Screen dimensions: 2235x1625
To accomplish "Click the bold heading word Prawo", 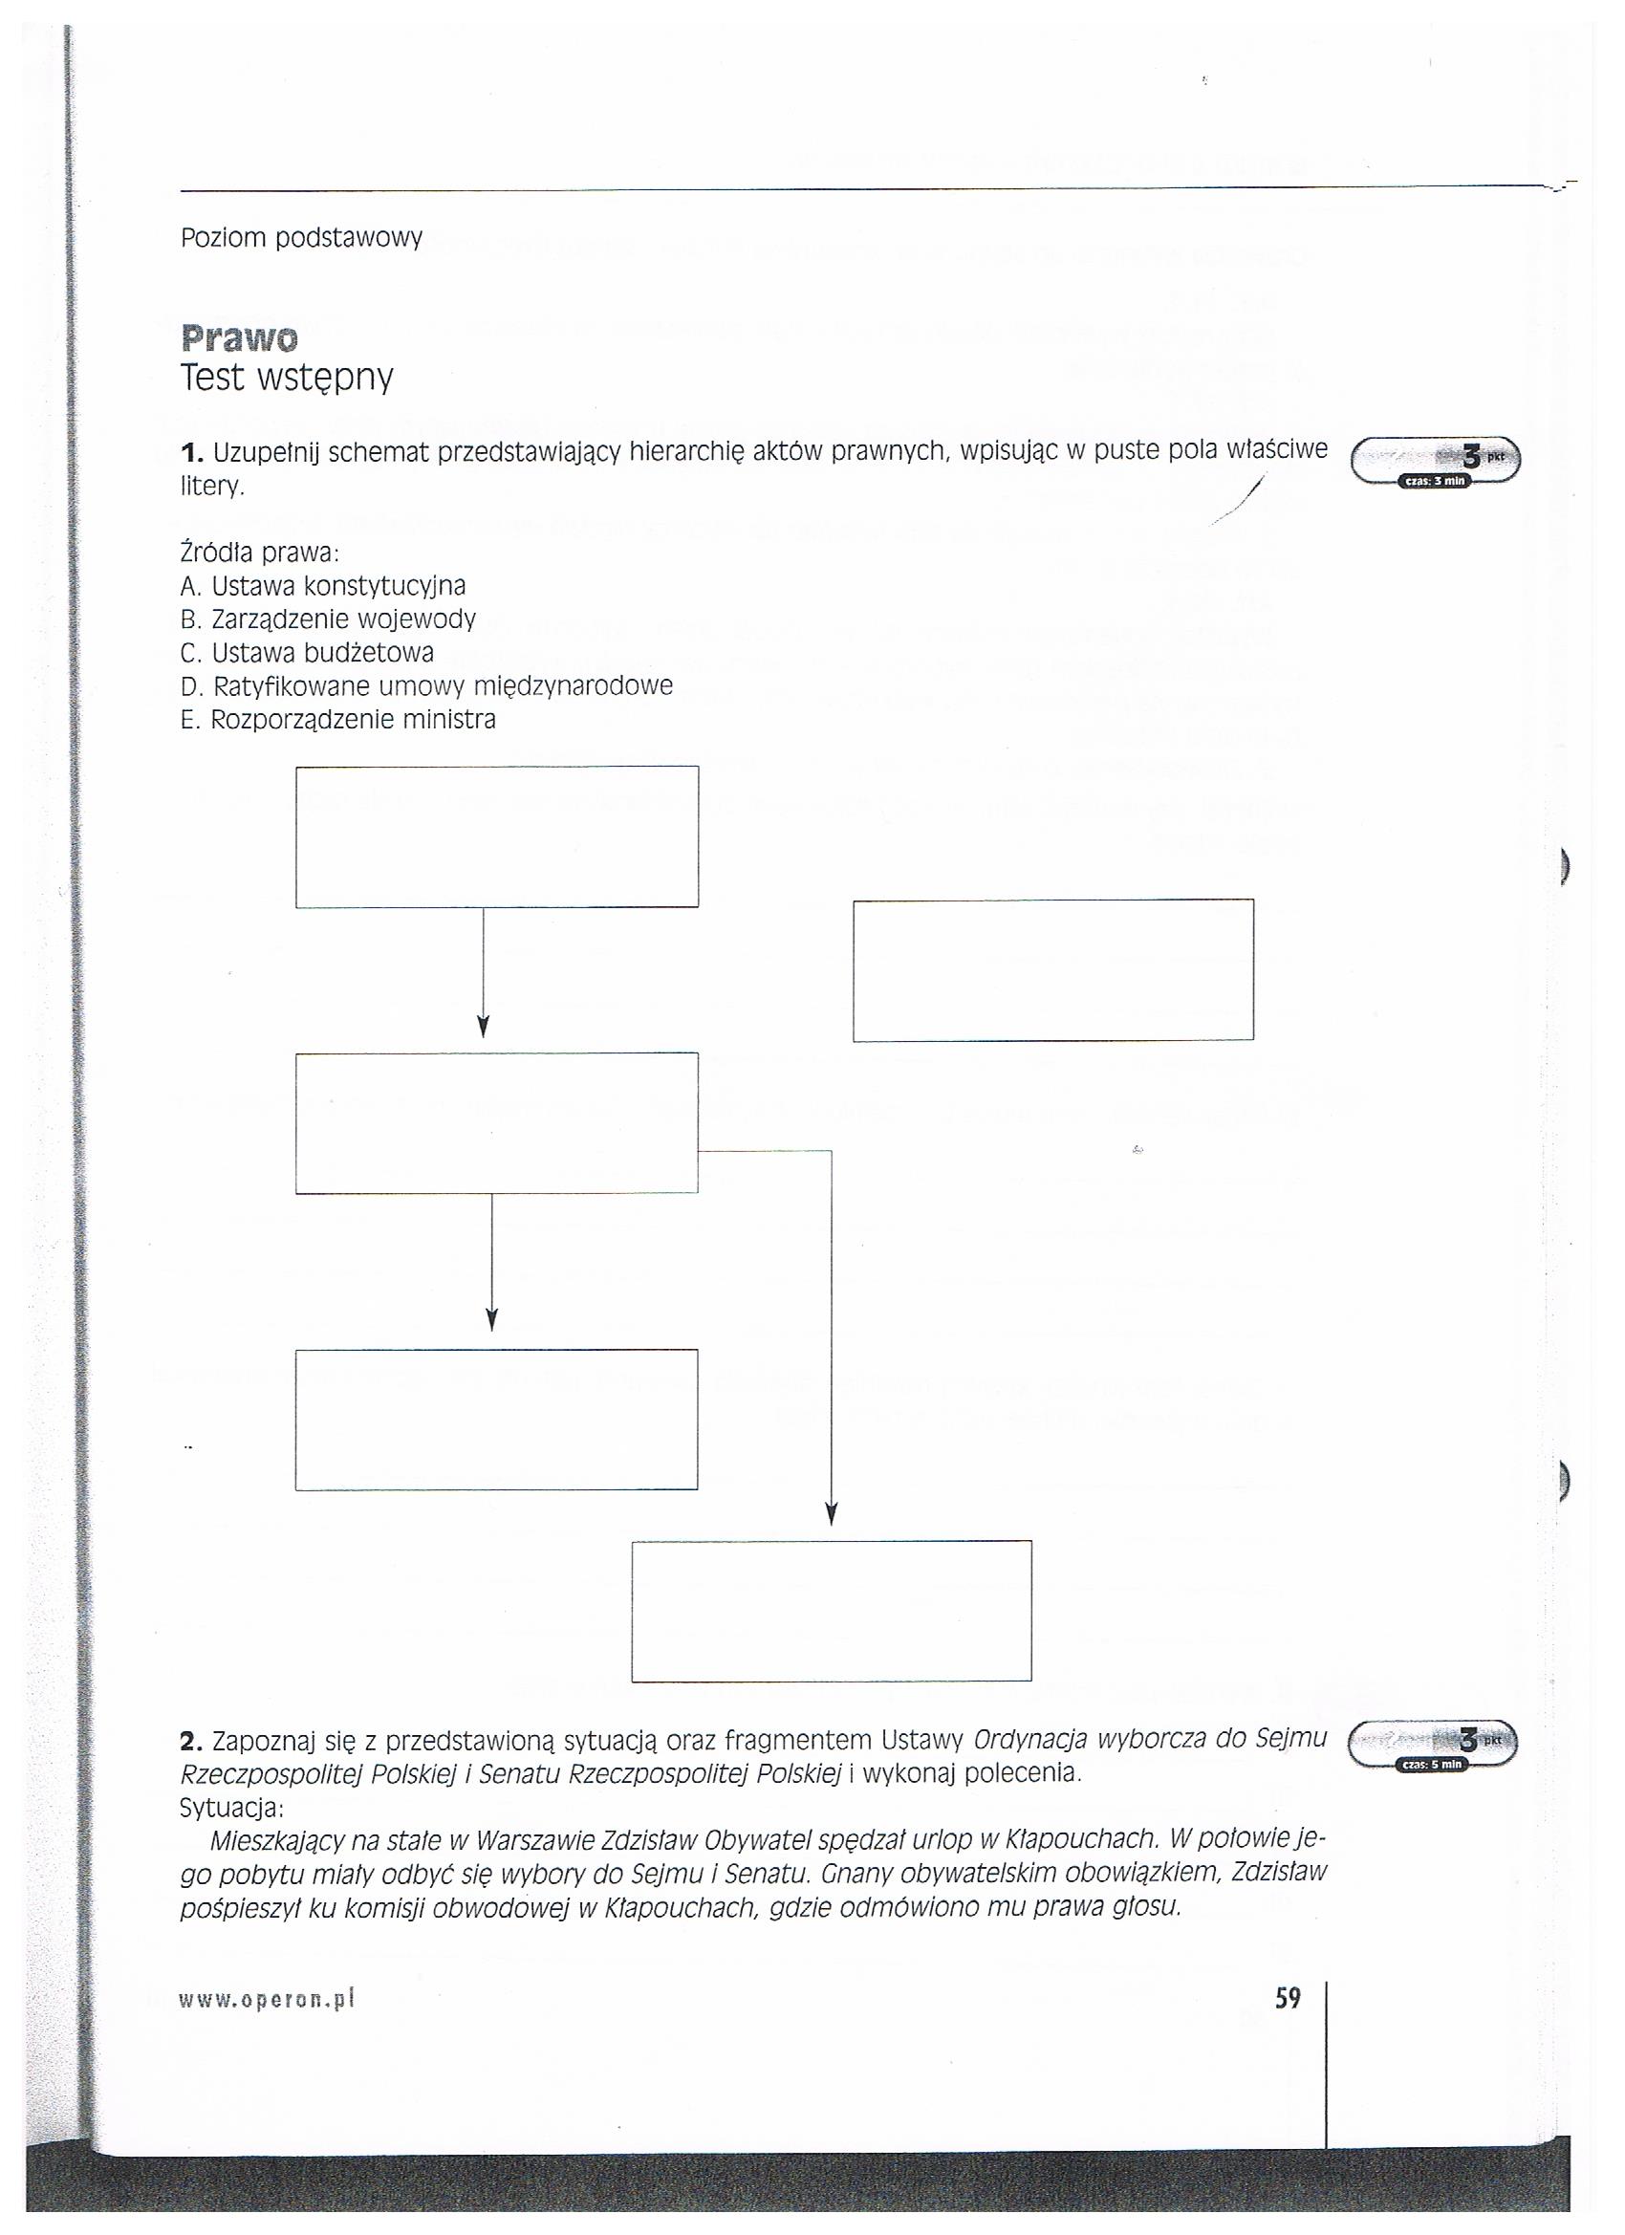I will tap(238, 338).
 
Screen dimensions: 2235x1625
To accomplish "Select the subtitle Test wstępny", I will tap(287, 378).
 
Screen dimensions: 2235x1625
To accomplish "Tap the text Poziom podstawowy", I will tap(301, 237).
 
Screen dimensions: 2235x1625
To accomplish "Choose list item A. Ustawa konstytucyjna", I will tap(323, 586).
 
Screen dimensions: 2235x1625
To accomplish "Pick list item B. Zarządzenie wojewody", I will tap(328, 619).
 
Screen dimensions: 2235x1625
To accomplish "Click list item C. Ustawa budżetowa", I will tap(308, 653).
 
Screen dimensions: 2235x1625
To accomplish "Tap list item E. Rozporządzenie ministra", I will tap(338, 720).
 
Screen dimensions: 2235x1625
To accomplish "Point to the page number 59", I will tap(1288, 1998).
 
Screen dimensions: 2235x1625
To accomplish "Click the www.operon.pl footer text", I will tap(266, 2000).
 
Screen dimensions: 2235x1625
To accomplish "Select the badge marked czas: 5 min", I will tap(1432, 1764).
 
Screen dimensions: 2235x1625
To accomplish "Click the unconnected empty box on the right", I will tap(1052, 969).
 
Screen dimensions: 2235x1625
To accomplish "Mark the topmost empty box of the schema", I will tap(497, 836).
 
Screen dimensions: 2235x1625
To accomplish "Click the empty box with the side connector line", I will tap(497, 1122).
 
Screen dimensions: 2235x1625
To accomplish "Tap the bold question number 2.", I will tap(190, 1742).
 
